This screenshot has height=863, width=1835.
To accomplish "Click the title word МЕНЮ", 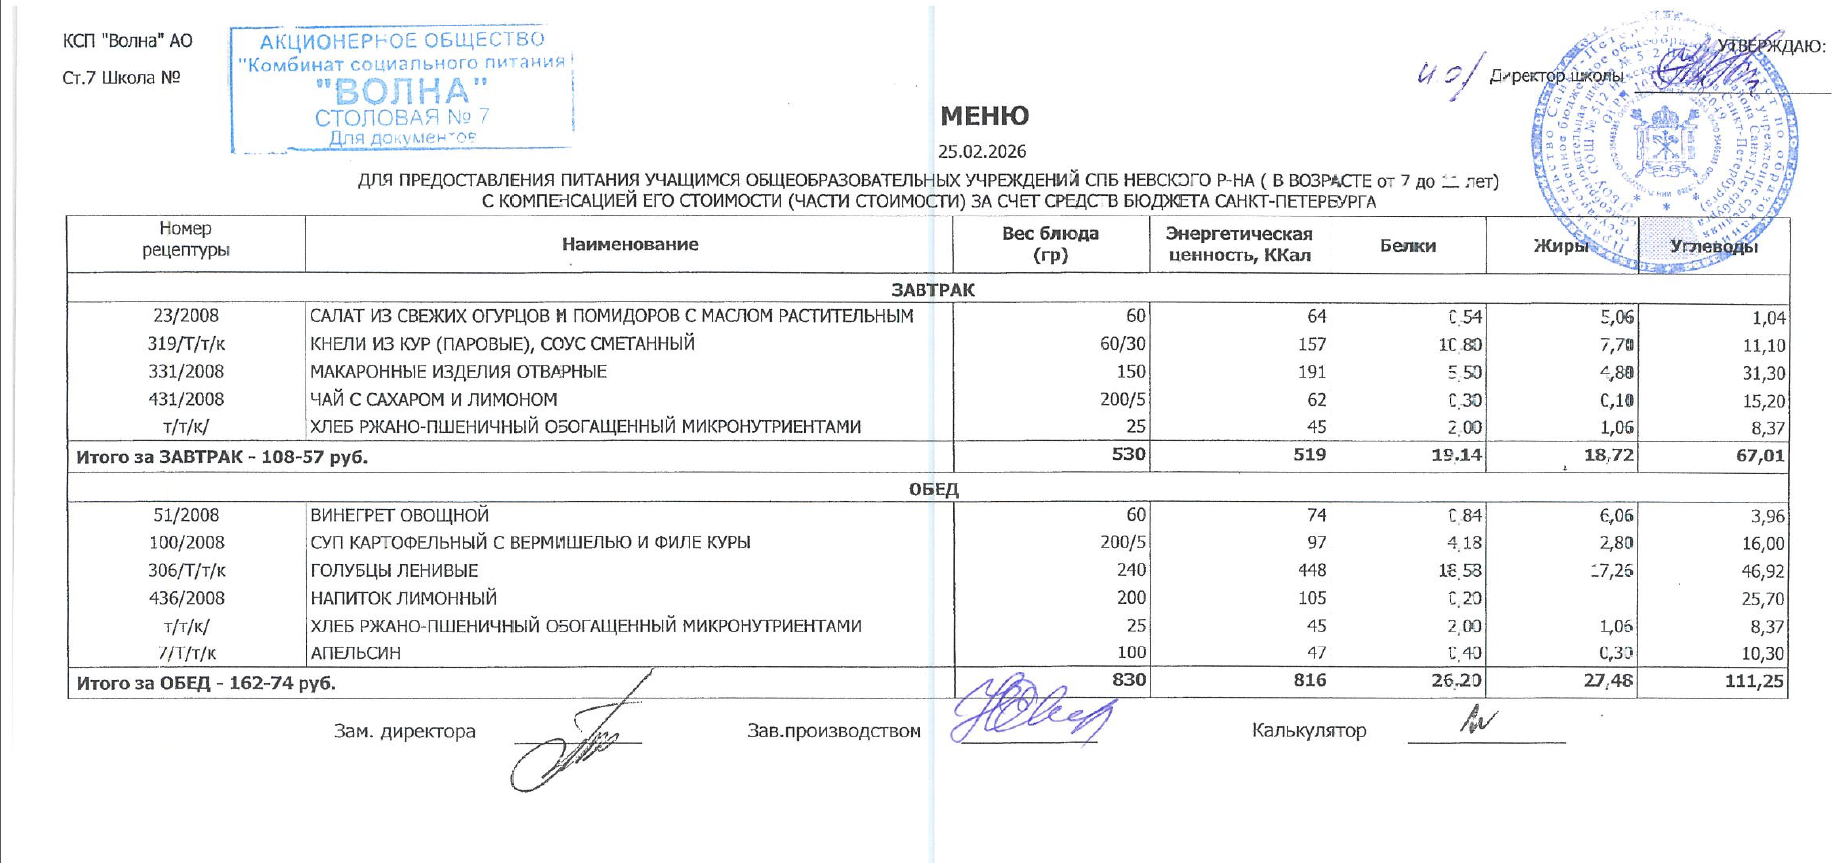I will pyautogui.click(x=984, y=116).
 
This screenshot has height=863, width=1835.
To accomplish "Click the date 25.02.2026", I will pyautogui.click(x=982, y=152).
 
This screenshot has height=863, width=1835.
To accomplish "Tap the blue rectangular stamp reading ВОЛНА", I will pyautogui.click(x=401, y=90).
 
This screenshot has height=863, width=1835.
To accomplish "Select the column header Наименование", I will pyautogui.click(x=629, y=244).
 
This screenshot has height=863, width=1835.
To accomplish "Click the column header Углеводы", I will pyautogui.click(x=1714, y=246).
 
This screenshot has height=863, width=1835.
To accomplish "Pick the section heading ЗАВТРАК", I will pyautogui.click(x=932, y=289).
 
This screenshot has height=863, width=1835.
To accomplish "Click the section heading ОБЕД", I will pyautogui.click(x=932, y=489).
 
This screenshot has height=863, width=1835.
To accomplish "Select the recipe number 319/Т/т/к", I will pyautogui.click(x=186, y=344).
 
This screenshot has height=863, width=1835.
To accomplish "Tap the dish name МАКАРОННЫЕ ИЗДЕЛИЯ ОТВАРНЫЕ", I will pyautogui.click(x=458, y=372).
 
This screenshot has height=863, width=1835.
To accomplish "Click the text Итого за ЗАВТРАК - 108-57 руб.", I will pyautogui.click(x=223, y=458).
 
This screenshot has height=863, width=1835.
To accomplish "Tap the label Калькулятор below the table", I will pyautogui.click(x=1308, y=731).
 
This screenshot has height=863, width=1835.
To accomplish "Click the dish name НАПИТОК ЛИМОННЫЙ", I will pyautogui.click(x=403, y=599).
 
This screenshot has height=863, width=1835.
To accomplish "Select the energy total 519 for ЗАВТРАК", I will pyautogui.click(x=1309, y=456).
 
